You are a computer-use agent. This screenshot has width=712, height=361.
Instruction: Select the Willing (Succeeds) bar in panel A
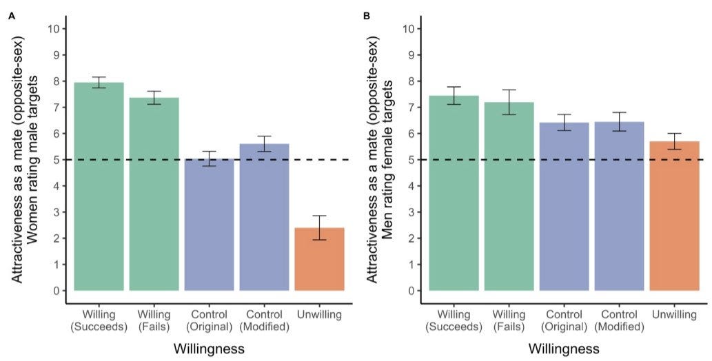pos(99,186)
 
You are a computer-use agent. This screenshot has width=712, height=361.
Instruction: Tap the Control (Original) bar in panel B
pos(564,207)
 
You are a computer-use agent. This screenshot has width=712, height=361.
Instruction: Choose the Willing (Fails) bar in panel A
pos(154,194)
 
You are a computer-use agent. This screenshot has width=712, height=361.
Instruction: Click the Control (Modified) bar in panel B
pos(619,206)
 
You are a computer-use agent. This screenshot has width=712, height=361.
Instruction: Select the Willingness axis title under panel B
pos(564,349)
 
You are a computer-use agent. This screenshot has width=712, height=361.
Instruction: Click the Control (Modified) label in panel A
pos(264,321)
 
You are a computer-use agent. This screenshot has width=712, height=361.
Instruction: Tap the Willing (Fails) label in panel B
pos(509,321)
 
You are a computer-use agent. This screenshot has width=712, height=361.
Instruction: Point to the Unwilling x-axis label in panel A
pos(319,316)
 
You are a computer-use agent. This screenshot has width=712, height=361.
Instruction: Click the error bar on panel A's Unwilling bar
pos(319,227)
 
